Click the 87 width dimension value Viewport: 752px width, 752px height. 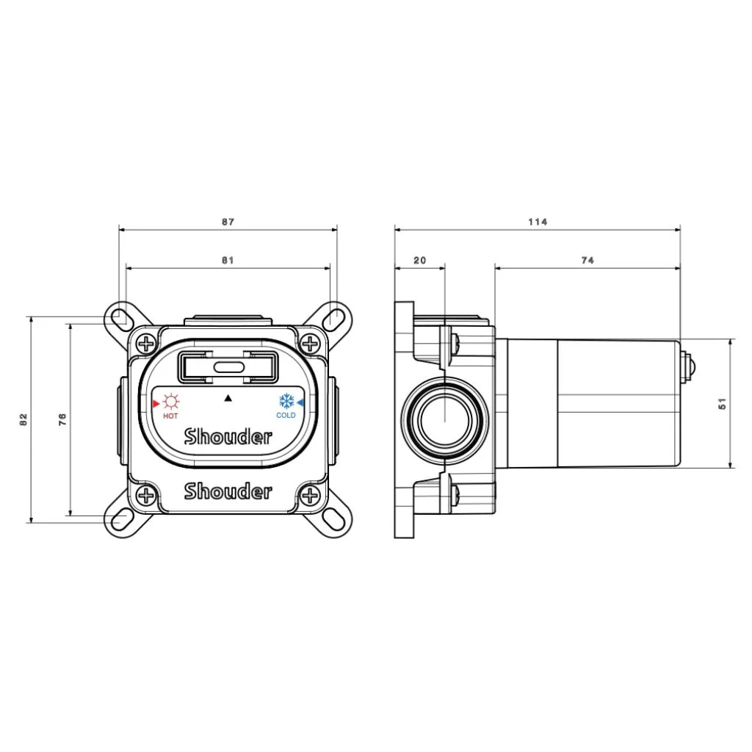[x=228, y=222]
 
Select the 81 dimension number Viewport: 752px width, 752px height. [x=228, y=261]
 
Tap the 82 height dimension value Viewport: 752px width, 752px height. [x=23, y=419]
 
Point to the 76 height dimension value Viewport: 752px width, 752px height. [x=62, y=419]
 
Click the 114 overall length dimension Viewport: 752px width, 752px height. [x=538, y=222]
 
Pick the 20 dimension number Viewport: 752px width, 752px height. [x=419, y=261]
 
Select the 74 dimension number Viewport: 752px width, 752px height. [x=587, y=261]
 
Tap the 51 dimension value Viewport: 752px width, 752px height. [x=723, y=404]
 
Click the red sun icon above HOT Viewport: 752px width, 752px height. [x=170, y=402]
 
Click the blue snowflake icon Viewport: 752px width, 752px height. [x=287, y=401]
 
